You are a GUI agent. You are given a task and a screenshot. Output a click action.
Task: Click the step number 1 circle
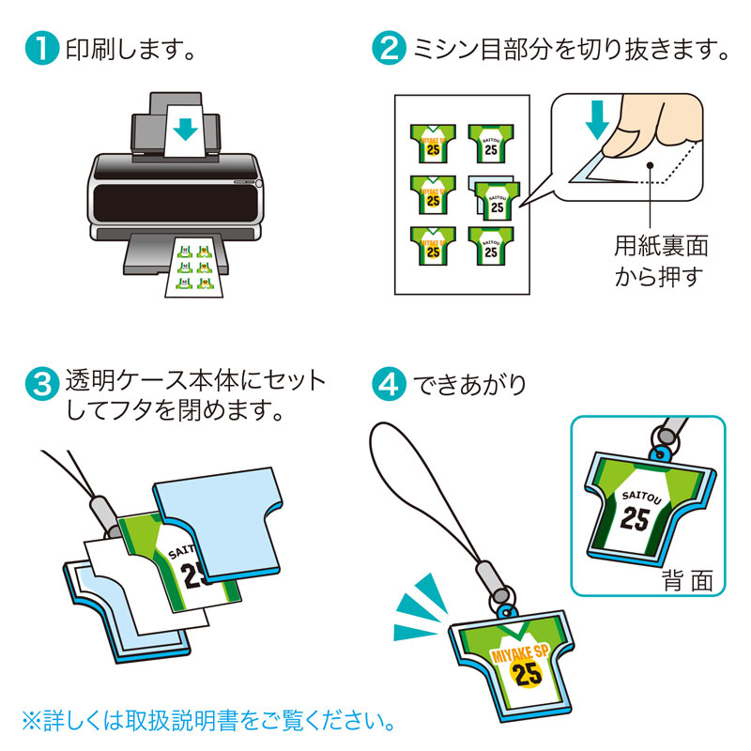pos(42,49)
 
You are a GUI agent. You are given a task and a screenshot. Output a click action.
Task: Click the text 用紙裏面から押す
pos(660,262)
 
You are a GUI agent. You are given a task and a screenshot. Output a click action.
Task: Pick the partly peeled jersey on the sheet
pos(492,196)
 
